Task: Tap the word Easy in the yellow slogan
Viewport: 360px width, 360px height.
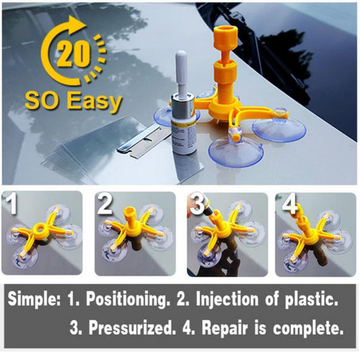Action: [95, 102]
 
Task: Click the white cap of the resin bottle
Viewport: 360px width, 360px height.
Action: [182, 72]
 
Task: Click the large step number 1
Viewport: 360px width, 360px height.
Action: [11, 203]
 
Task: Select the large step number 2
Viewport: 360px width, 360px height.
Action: [105, 203]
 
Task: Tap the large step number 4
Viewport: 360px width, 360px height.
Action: [290, 204]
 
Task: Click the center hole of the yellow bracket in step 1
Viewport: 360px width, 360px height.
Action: [41, 229]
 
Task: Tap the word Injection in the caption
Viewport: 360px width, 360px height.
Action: [227, 299]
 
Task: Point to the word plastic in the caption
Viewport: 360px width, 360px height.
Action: [311, 300]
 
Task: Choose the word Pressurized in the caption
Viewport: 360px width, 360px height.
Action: [130, 327]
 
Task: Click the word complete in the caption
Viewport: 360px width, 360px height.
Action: [308, 328]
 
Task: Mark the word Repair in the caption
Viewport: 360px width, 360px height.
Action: [225, 328]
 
